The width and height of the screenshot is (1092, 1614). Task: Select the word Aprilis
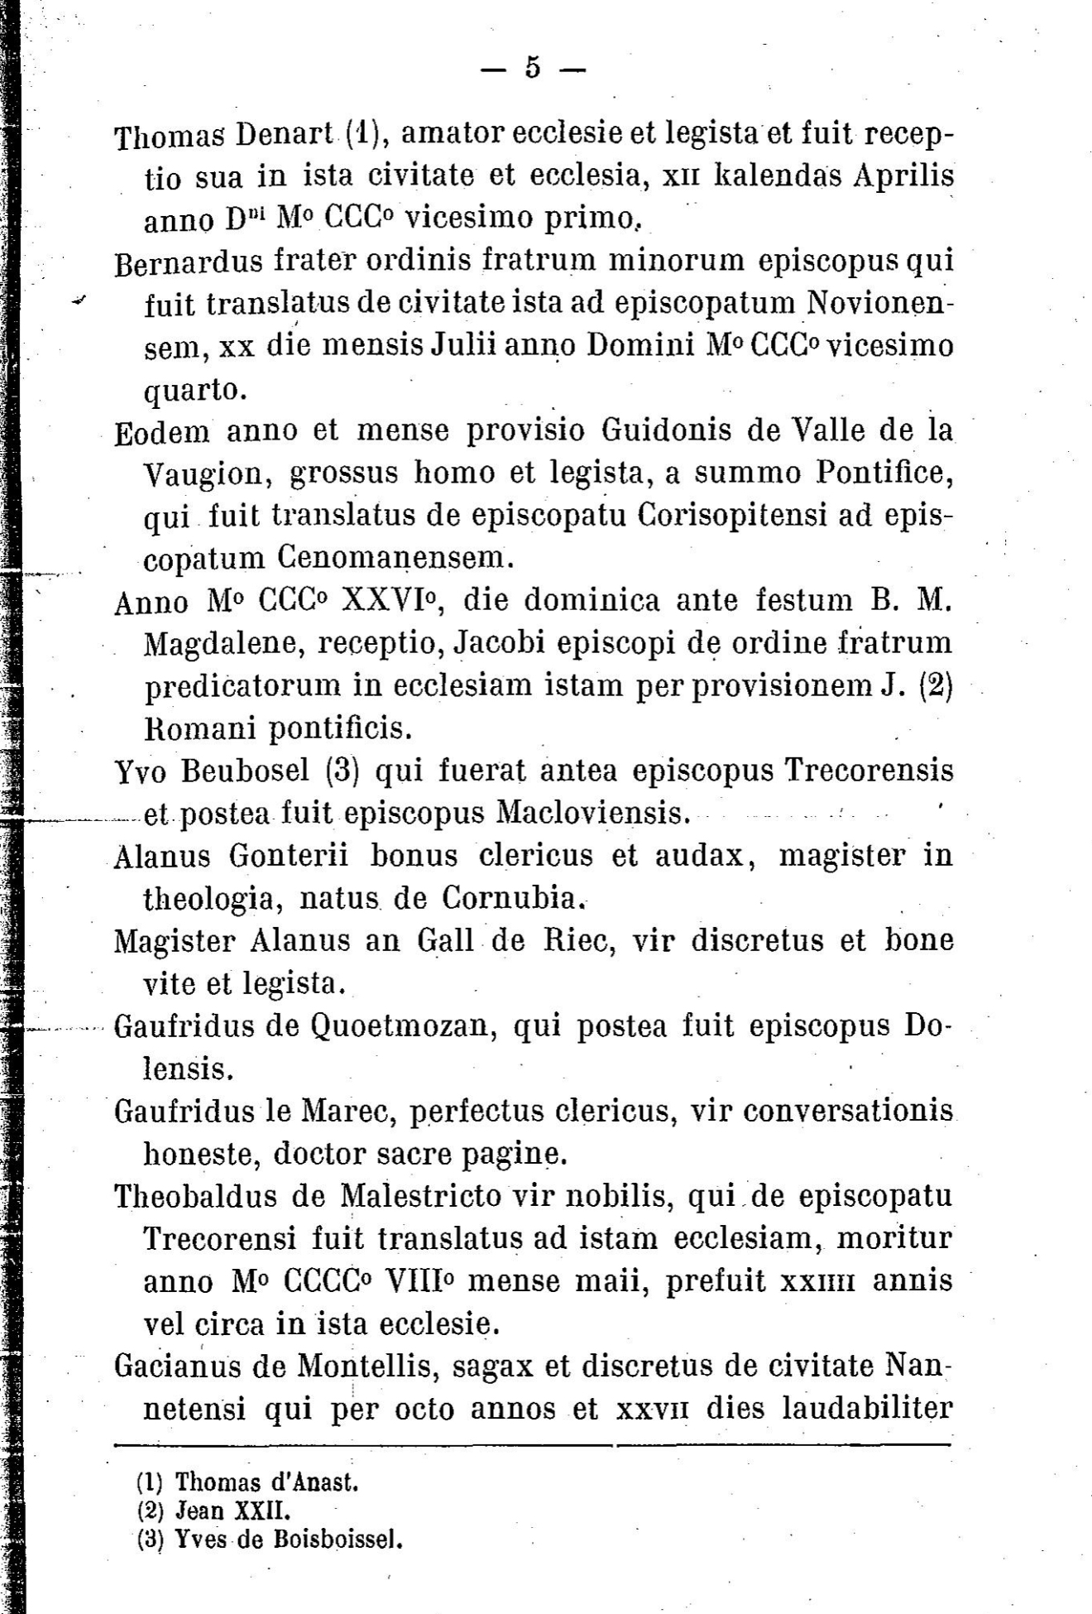point(905,176)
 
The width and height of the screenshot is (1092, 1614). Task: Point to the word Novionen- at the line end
point(880,304)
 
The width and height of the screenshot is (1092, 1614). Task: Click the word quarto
point(195,390)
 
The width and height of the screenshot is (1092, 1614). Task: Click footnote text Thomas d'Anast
point(266,1482)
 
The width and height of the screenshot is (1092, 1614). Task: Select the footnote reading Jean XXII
point(233,1511)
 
